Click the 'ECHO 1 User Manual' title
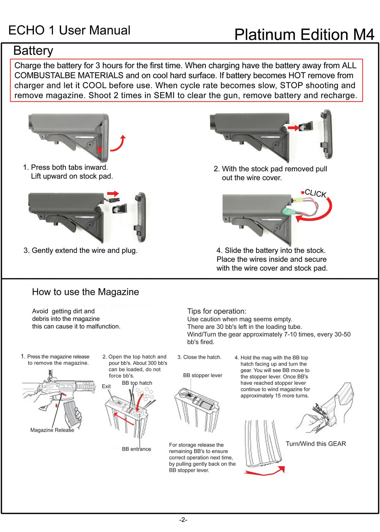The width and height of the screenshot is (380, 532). pyautogui.click(x=69, y=30)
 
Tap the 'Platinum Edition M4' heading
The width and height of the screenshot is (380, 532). pyautogui.click(x=304, y=35)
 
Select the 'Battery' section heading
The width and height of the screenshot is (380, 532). pyautogui.click(x=33, y=51)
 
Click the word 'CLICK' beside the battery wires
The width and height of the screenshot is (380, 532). pyautogui.click(x=315, y=193)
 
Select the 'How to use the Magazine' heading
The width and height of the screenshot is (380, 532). pyautogui.click(x=85, y=292)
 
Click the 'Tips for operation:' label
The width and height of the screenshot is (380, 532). pyautogui.click(x=217, y=311)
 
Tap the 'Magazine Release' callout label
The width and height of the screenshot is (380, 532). pyautogui.click(x=52, y=430)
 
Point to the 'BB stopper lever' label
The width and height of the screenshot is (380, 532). pyautogui.click(x=203, y=375)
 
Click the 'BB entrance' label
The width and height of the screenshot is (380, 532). pyautogui.click(x=136, y=449)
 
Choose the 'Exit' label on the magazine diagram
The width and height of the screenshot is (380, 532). pyautogui.click(x=106, y=386)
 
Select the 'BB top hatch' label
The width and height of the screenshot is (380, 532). pyautogui.click(x=137, y=383)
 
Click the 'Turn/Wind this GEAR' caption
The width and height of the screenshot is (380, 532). pyautogui.click(x=316, y=444)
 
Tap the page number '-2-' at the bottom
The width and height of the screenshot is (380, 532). pyautogui.click(x=183, y=520)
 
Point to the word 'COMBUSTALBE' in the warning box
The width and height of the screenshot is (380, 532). pyautogui.click(x=69, y=75)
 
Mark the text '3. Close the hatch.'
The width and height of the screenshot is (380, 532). pyautogui.click(x=199, y=357)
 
